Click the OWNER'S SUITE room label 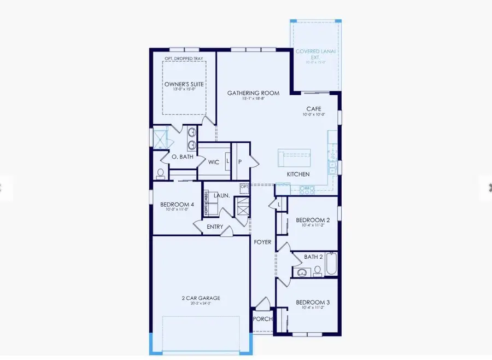click(184, 85)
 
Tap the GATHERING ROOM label click(253, 94)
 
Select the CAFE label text click(314, 109)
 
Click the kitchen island click(294, 158)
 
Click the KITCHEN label click(298, 175)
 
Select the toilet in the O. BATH click(160, 175)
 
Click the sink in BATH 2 click(301, 272)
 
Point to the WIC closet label click(214, 162)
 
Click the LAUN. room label click(221, 195)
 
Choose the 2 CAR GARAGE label click(201, 298)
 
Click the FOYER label click(263, 241)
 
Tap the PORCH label click(262, 319)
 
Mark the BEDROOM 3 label click(313, 303)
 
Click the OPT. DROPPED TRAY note click(184, 58)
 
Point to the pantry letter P click(239, 162)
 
